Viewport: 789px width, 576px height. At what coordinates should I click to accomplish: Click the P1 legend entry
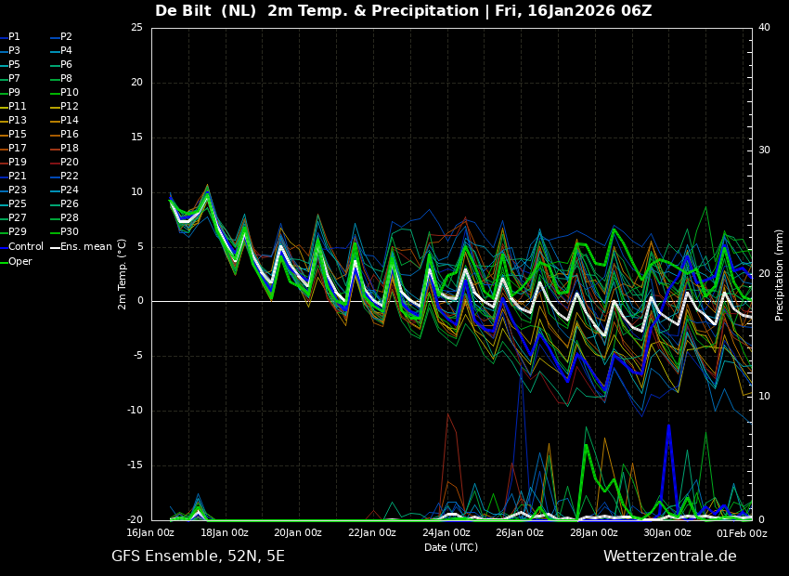coord(10,37)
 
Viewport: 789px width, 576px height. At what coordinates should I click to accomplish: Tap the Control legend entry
coord(22,247)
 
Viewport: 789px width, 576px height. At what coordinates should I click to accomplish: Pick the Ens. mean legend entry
coord(81,247)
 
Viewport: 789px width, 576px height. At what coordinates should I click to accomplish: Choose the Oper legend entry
coord(16,261)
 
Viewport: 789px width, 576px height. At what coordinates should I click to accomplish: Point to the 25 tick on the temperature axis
coord(136,27)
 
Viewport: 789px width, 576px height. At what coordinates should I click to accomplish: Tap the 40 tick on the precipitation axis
coord(764,27)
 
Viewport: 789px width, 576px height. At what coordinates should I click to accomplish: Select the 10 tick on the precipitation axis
coord(764,397)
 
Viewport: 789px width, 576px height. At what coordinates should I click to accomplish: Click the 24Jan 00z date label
coord(446,532)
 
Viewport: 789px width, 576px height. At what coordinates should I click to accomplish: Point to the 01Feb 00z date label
coord(743,532)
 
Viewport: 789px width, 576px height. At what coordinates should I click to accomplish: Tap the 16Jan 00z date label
coord(150,532)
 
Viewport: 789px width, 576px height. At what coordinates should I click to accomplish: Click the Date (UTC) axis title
coord(451,547)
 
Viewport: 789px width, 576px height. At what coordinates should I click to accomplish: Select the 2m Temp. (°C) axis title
coord(122,274)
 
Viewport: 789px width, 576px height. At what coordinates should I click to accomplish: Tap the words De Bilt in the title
coord(183,10)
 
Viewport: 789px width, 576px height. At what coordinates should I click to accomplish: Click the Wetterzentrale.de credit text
coord(670,556)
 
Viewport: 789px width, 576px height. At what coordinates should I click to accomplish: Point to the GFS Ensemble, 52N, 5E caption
coord(199,556)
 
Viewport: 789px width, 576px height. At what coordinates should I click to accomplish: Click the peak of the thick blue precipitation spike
coord(668,425)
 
